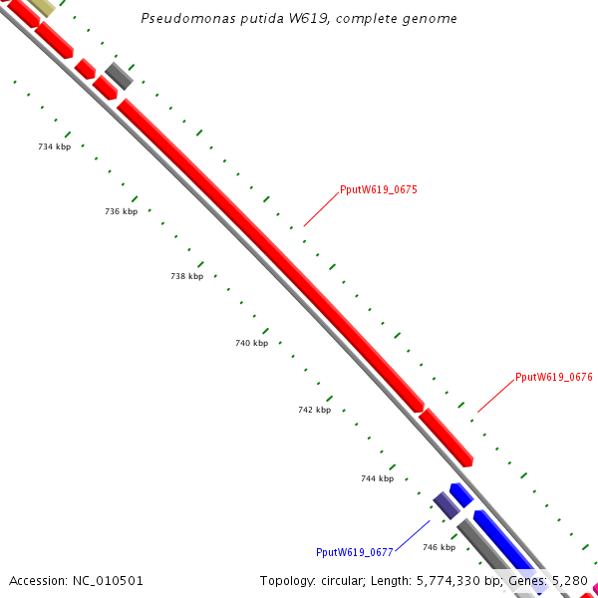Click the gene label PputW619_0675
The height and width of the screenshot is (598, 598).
click(x=378, y=189)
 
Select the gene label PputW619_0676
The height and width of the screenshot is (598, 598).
click(x=553, y=378)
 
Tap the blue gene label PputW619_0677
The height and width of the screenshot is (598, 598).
click(x=354, y=552)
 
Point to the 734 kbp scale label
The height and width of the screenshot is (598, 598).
click(x=54, y=147)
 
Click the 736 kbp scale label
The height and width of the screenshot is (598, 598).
click(x=121, y=211)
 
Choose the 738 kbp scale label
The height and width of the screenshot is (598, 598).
click(x=186, y=276)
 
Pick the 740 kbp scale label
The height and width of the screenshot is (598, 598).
click(x=251, y=343)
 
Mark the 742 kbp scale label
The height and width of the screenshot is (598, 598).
click(x=314, y=410)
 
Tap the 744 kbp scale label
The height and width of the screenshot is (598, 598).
click(x=377, y=478)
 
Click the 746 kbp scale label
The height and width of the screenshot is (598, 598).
click(x=439, y=547)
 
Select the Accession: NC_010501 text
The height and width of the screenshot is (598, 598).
click(x=76, y=580)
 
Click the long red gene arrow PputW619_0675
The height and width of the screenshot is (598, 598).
click(x=269, y=255)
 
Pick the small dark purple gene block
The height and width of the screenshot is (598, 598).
click(x=446, y=504)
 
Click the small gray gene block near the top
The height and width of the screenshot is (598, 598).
click(x=119, y=75)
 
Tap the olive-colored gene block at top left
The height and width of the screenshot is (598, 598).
click(x=41, y=6)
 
